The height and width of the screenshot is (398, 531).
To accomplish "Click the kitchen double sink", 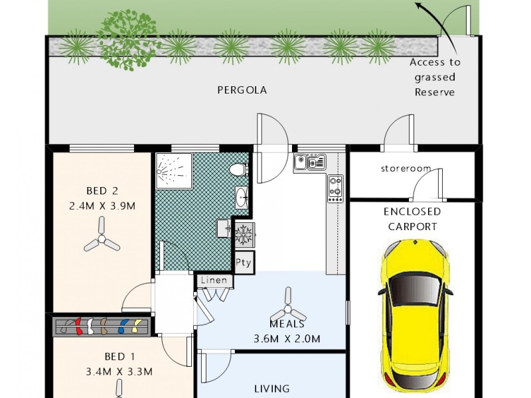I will [310, 161].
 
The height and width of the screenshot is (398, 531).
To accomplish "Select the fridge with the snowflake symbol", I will [244, 234].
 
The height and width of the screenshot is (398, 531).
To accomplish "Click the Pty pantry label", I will [244, 262].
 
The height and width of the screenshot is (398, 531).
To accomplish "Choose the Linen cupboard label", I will [214, 281].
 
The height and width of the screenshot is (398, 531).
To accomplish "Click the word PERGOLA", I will [242, 90].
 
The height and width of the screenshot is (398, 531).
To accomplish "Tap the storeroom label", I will [406, 168].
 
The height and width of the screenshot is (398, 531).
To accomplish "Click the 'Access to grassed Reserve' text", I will [435, 77].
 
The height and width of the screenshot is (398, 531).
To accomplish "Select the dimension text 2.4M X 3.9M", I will [102, 206].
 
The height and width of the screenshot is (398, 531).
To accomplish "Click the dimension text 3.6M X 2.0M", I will [287, 339].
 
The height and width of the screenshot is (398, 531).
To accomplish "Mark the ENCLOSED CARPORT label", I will [412, 219].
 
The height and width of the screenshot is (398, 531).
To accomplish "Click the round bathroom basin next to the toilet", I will [242, 196].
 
